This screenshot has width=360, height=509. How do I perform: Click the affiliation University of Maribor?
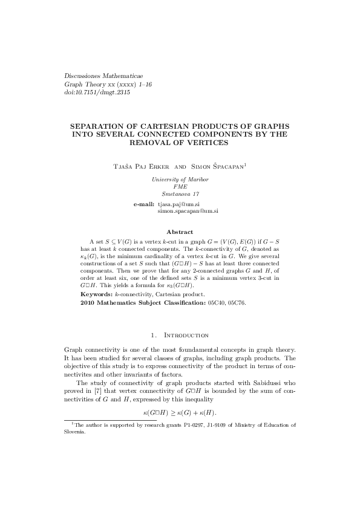click(x=180, y=180)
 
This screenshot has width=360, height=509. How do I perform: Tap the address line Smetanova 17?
click(x=180, y=193)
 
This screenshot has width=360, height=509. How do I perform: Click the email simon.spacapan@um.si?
click(x=188, y=212)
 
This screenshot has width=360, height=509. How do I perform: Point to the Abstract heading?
click(x=180, y=232)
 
